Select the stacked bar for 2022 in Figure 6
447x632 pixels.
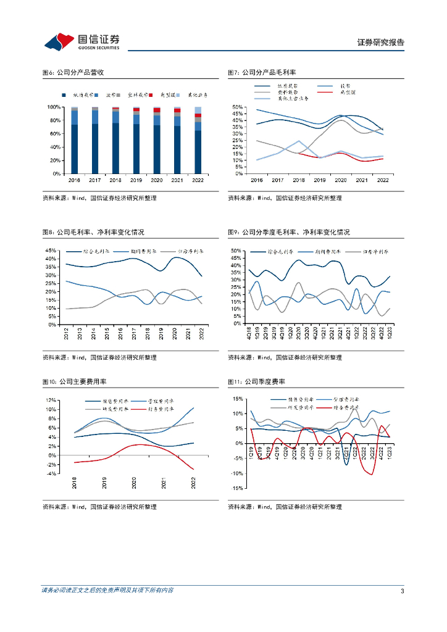[x=198, y=140]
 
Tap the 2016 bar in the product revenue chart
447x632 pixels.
[x=74, y=140]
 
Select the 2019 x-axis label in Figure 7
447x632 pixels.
[x=320, y=180]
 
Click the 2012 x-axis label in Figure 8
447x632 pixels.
[x=67, y=334]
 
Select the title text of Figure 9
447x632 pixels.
[x=288, y=232]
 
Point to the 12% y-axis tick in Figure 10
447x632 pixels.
[x=52, y=400]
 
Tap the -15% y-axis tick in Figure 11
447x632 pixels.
[x=237, y=488]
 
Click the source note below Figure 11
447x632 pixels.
[x=285, y=507]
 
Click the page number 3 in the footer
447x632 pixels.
[x=403, y=591]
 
